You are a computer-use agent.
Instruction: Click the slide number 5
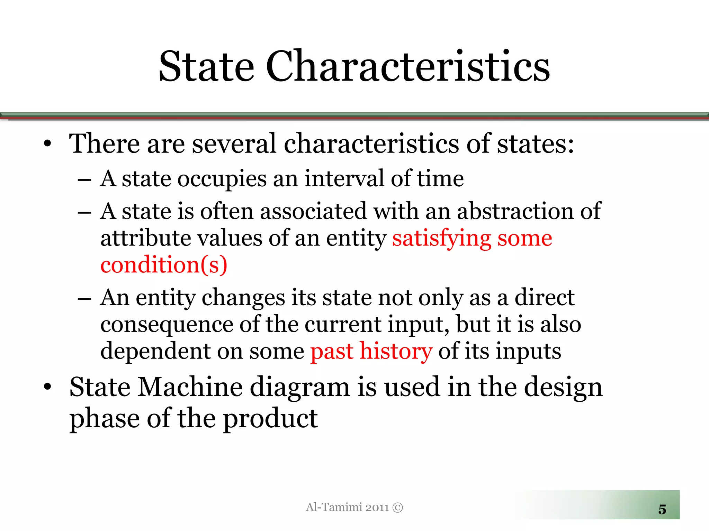click(x=662, y=510)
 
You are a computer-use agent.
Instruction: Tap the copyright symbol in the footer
click(x=398, y=507)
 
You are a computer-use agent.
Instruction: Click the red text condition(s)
click(x=164, y=265)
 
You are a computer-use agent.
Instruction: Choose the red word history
click(x=396, y=351)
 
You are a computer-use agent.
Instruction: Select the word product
click(x=270, y=419)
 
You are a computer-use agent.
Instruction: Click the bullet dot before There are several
click(x=47, y=144)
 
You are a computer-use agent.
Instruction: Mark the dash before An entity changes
click(x=84, y=298)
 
